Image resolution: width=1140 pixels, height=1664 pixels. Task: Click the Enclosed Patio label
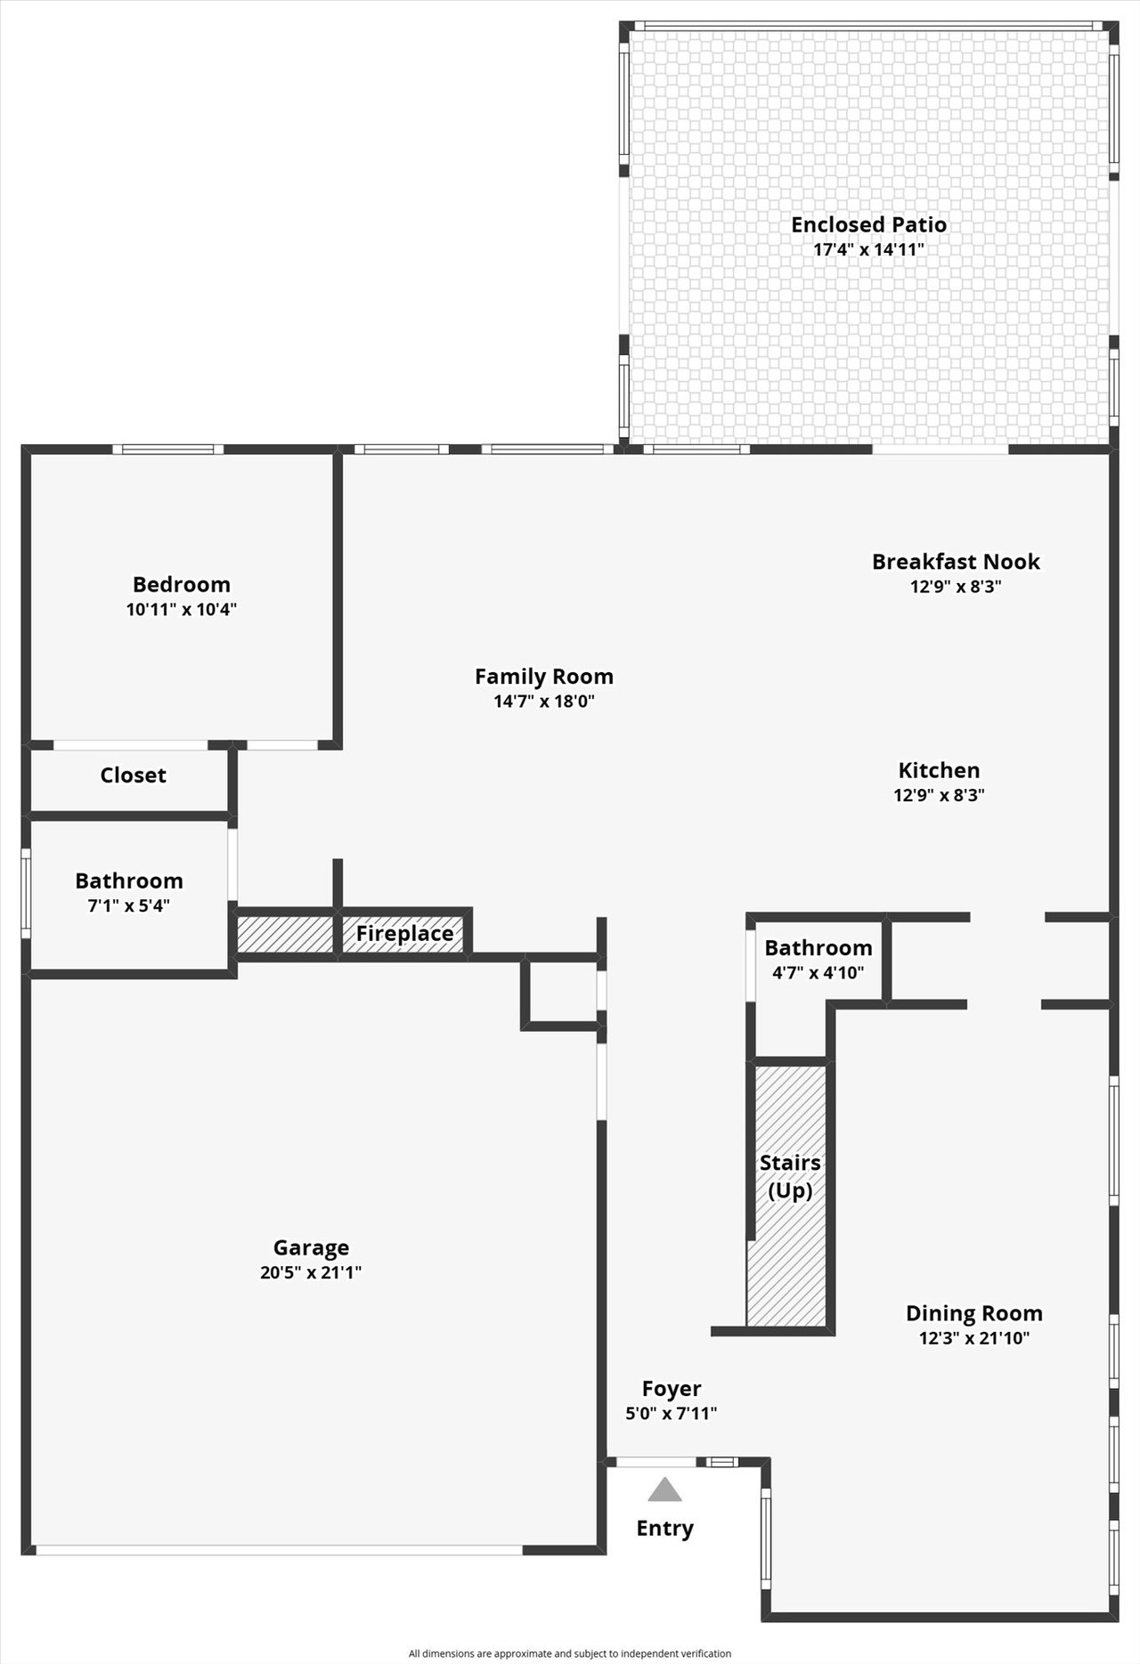pos(868,224)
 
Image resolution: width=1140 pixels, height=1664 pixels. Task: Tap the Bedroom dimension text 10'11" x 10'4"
pos(182,610)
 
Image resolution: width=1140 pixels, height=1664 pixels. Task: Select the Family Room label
pos(544,677)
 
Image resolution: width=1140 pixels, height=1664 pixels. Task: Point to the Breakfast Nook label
pos(956,562)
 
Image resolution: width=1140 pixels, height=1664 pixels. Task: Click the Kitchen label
pos(939,771)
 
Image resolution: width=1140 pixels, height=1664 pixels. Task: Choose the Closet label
pos(133,775)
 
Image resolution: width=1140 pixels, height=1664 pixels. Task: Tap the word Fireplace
pos(405,934)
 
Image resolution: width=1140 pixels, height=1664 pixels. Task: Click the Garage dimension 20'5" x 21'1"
pos(311,1273)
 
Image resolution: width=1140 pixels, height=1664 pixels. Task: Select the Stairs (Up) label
pos(790,1177)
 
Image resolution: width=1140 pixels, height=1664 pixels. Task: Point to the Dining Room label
pos(974,1313)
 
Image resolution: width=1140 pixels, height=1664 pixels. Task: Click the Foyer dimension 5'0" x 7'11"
pos(672,1413)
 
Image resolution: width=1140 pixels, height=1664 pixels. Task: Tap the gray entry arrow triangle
pos(664,1490)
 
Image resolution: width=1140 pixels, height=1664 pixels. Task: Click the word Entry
pos(664,1529)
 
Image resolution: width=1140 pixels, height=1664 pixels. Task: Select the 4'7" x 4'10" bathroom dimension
pos(818,973)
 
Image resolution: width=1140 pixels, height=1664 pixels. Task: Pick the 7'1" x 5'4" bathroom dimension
pos(129,906)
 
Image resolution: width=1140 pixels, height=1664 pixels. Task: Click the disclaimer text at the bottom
pos(570,1653)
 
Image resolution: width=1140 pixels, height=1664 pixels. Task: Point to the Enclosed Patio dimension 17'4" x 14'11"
pos(869,249)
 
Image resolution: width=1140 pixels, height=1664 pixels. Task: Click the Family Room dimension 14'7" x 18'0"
pos(544,702)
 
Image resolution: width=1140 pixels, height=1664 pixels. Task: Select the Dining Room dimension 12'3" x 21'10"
pos(974,1338)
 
